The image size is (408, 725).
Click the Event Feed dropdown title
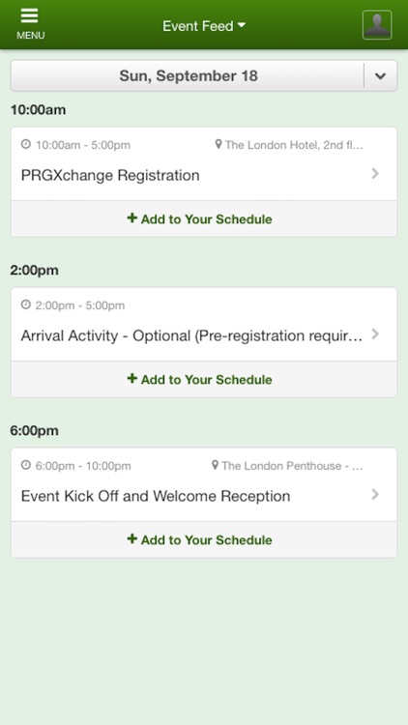[x=203, y=26]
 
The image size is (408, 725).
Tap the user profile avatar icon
[x=377, y=25]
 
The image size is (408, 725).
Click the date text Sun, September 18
[x=188, y=76]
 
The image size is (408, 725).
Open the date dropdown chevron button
[x=380, y=76]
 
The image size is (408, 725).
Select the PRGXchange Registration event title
[x=110, y=175]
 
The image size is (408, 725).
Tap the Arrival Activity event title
[x=191, y=335]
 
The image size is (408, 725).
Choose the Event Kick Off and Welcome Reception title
[x=156, y=496]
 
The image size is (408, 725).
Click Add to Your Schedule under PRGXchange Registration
[x=200, y=219]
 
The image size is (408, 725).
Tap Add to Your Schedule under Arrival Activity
[x=200, y=380]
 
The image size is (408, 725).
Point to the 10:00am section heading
[x=38, y=110]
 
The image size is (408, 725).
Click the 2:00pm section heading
[x=35, y=271]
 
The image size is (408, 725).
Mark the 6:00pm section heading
[x=35, y=431]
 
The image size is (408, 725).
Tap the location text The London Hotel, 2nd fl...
[x=294, y=145]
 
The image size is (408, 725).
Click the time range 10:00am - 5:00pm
[x=82, y=145]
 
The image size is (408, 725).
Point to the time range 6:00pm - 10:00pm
[x=82, y=466]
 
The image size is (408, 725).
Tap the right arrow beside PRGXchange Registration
[x=375, y=174]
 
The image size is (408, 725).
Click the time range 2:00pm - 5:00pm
[x=79, y=305]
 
